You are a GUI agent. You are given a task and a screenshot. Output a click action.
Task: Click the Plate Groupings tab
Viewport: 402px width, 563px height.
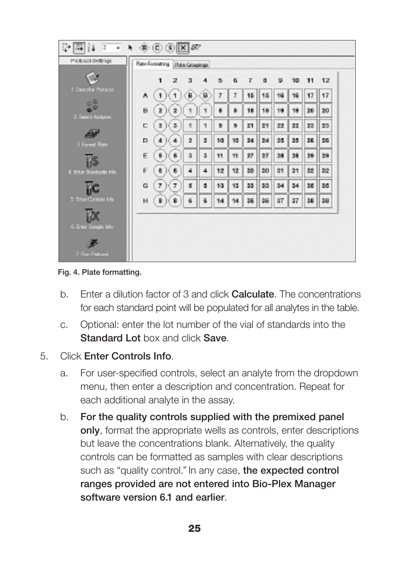[191, 65]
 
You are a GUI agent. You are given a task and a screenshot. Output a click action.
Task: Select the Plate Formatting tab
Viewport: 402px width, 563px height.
[153, 64]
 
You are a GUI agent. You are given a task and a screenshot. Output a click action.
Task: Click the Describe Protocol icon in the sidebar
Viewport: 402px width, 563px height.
[92, 79]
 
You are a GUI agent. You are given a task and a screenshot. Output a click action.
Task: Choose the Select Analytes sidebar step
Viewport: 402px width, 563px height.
[92, 106]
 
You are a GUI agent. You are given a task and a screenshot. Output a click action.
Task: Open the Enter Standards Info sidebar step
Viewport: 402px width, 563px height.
[92, 161]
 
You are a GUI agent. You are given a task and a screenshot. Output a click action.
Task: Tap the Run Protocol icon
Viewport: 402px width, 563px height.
[92, 244]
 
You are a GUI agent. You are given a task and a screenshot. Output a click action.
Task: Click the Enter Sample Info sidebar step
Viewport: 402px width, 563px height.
[92, 216]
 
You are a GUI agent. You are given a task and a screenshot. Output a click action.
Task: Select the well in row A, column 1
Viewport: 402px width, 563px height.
[160, 96]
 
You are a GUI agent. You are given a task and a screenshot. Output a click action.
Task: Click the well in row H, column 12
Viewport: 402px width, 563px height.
[325, 201]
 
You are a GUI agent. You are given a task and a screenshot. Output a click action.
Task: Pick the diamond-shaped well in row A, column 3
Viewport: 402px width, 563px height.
[190, 96]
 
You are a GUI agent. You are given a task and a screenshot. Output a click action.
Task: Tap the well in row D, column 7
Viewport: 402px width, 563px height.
[250, 141]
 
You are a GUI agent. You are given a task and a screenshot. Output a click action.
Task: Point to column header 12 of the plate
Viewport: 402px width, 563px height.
[325, 80]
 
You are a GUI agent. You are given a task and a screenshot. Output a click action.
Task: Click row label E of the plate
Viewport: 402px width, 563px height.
[145, 156]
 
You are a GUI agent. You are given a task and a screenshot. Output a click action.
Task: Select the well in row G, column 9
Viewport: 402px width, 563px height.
[280, 186]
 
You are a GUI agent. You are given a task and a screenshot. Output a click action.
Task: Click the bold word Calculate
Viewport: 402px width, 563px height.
[253, 294]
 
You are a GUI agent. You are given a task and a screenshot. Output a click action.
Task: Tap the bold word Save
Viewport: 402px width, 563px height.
[215, 338]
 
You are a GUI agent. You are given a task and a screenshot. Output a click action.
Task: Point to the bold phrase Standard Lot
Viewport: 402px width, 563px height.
[110, 338]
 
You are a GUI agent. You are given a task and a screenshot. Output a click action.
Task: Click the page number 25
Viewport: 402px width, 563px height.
[195, 528]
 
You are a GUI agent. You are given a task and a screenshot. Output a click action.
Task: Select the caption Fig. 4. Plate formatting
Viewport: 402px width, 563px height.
[99, 272]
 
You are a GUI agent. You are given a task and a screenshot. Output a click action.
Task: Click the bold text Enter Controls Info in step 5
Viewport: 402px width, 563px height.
[128, 356]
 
